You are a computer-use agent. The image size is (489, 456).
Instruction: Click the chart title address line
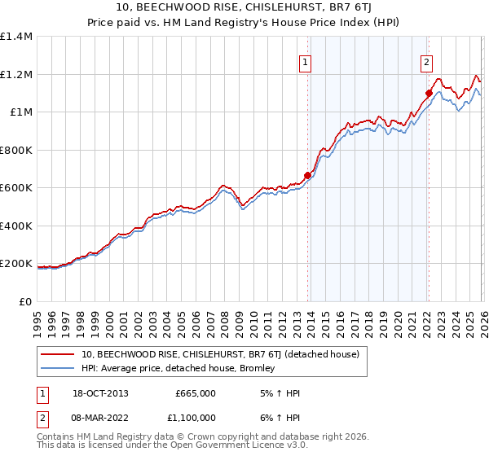click(x=244, y=7)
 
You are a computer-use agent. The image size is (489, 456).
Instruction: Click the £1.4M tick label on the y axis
click(x=16, y=37)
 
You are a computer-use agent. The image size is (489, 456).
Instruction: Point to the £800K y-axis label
click(x=16, y=150)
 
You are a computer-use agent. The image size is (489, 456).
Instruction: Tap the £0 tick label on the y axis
click(x=24, y=301)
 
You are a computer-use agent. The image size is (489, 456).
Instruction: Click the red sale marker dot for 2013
click(x=307, y=174)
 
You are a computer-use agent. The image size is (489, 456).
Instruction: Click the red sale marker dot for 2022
click(x=428, y=93)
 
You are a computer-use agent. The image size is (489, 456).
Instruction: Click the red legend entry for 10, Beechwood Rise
click(x=226, y=354)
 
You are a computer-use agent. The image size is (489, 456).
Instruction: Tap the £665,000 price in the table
click(x=195, y=393)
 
